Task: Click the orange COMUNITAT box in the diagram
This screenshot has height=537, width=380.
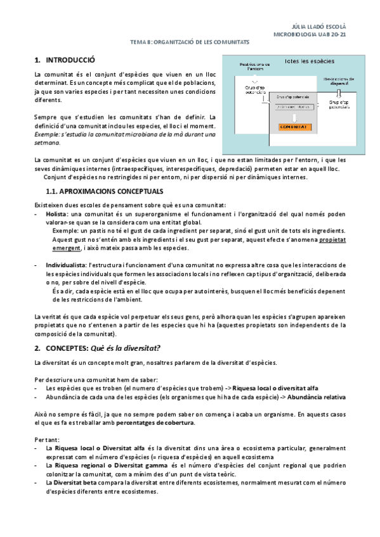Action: click(296, 127)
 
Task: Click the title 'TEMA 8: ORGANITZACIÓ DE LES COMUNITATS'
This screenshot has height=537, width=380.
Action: click(189, 41)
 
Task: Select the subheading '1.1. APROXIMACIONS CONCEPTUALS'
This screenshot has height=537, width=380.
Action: click(105, 191)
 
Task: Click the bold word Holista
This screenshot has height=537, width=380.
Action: click(57, 215)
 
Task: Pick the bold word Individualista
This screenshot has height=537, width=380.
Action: click(67, 264)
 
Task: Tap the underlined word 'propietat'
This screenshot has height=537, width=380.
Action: click(332, 241)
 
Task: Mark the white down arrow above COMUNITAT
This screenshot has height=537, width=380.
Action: click(296, 117)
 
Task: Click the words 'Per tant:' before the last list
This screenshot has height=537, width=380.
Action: click(46, 439)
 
